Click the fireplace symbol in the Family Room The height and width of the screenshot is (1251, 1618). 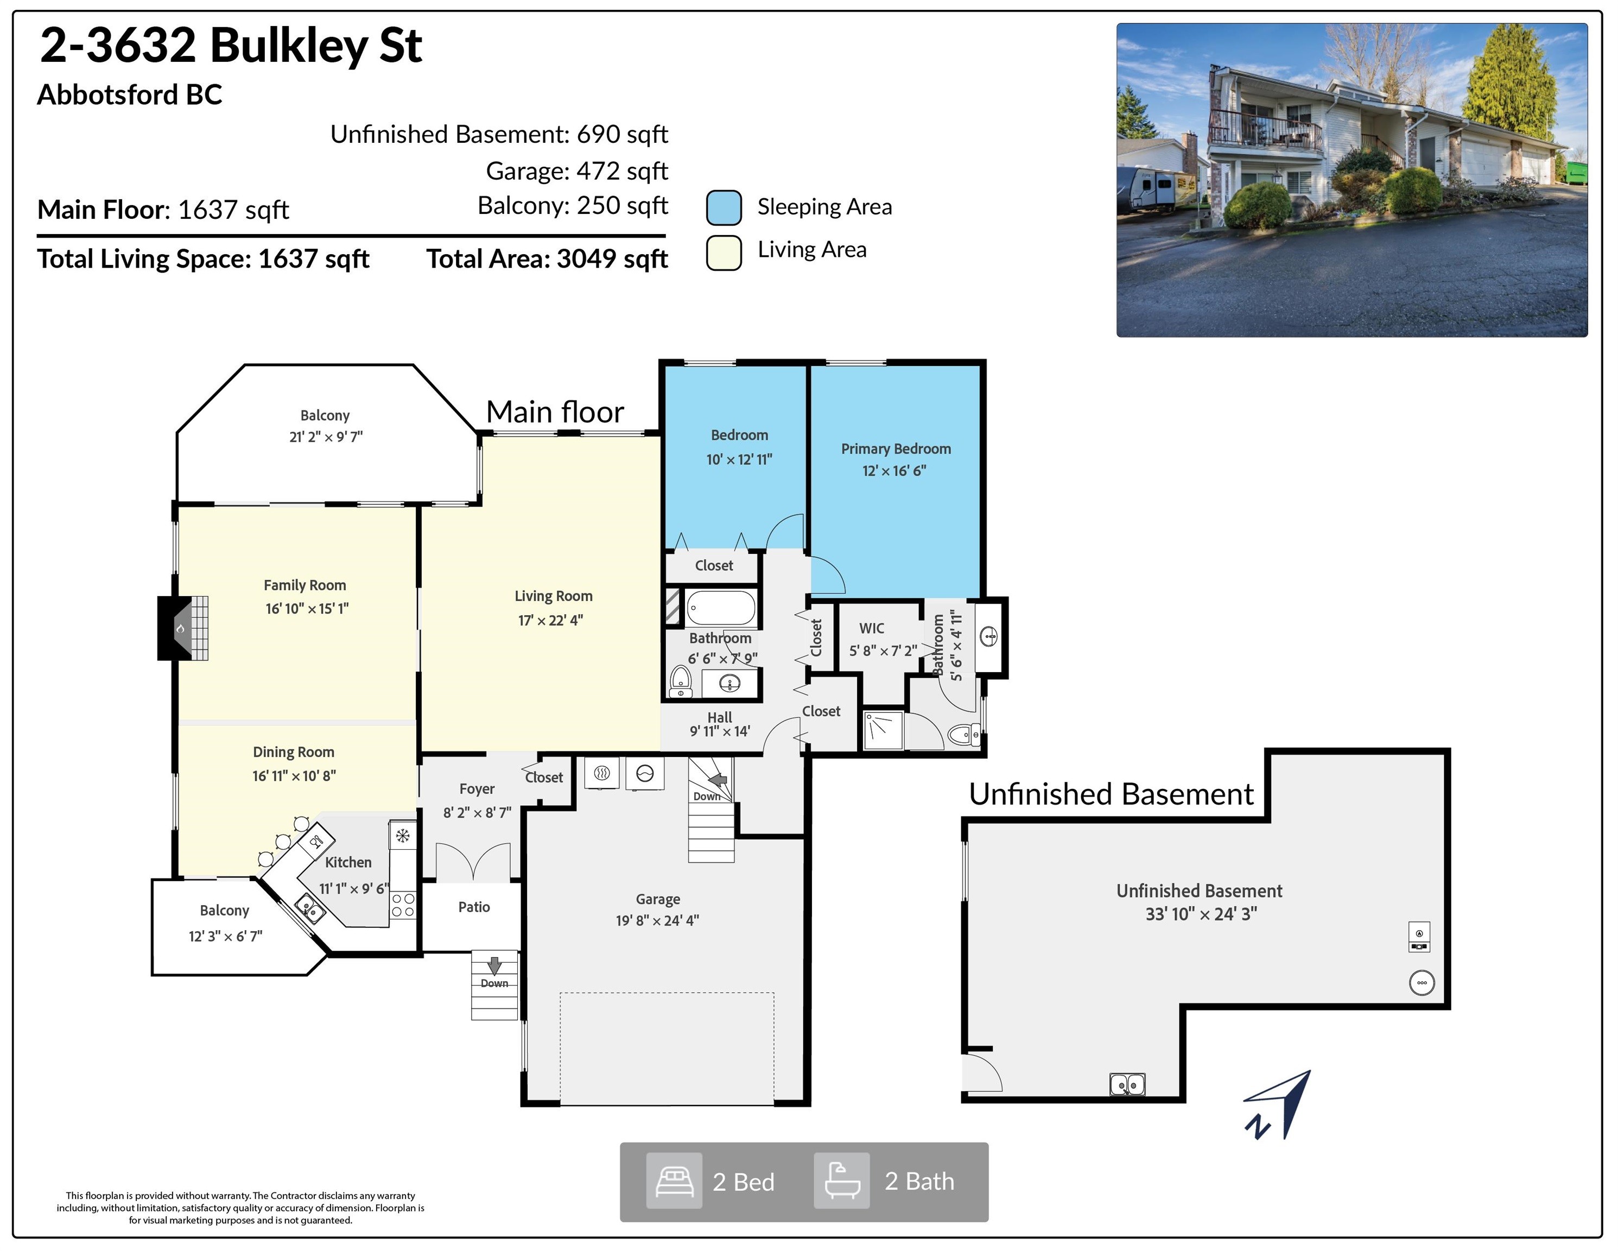pos(183,628)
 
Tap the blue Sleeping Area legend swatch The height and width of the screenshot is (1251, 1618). pos(724,207)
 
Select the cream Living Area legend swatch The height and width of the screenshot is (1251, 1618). pos(724,252)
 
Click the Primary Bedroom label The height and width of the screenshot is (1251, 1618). pos(896,448)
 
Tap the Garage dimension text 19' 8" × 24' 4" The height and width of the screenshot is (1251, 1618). pos(657,920)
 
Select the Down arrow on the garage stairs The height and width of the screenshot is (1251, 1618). pos(718,780)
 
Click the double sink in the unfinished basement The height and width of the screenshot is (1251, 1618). pos(1127,1085)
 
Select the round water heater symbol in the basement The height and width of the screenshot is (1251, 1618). pos(1421,983)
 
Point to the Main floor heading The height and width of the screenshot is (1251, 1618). pos(555,412)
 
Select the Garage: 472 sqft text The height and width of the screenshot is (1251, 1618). pos(576,171)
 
